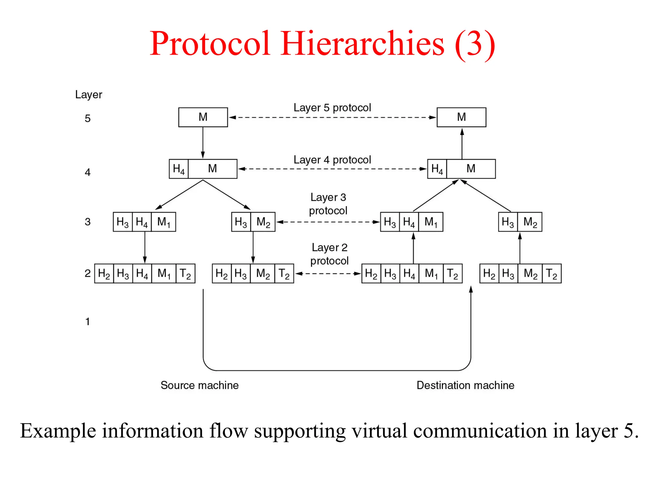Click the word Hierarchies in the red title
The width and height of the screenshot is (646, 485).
point(362,44)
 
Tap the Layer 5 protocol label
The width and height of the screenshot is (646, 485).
point(332,108)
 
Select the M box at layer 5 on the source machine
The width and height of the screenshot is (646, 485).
point(203,117)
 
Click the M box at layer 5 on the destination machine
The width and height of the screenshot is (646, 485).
point(461,117)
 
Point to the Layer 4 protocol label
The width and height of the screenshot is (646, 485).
point(332,160)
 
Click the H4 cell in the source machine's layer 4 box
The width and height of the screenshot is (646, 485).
point(179,169)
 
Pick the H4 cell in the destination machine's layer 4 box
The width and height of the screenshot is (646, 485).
point(437,169)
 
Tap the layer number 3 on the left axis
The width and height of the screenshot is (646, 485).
point(88,222)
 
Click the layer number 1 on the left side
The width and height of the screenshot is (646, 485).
point(88,321)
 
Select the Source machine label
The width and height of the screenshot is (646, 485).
point(199,385)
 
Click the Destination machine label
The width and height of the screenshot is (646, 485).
point(465,385)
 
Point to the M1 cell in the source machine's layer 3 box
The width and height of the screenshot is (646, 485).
point(163,222)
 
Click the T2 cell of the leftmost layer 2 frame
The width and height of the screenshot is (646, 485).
point(185,273)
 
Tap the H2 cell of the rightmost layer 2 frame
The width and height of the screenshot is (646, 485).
point(489,273)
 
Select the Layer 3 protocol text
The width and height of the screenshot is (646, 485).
point(328,204)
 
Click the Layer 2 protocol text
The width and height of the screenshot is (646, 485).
point(329,254)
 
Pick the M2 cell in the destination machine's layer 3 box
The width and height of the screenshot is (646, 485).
point(530,222)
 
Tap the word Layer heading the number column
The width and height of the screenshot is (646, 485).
point(89,94)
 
